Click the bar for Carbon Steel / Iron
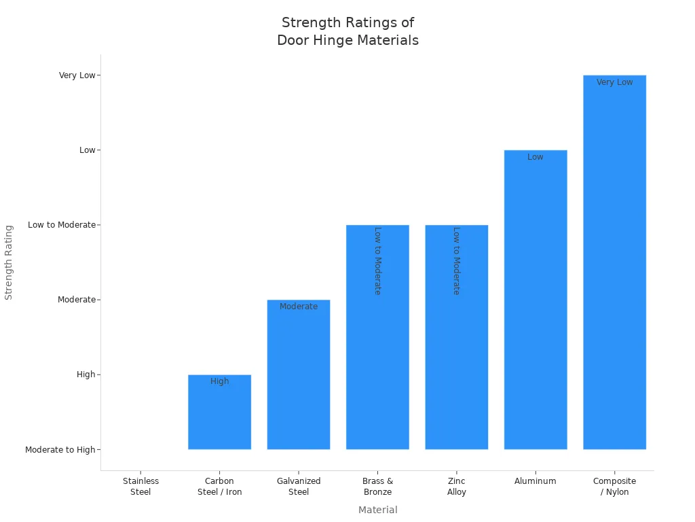[x=219, y=415]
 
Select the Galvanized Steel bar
[x=299, y=381]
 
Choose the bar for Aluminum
[x=536, y=306]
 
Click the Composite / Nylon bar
[x=614, y=272]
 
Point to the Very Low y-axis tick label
[x=77, y=75]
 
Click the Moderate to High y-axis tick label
[x=60, y=450]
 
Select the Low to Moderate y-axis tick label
[x=62, y=225]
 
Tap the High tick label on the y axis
[x=86, y=375]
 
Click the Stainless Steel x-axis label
[x=140, y=487]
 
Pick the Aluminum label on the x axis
[x=536, y=481]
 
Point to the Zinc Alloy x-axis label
[x=457, y=487]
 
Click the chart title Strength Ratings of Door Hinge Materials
[x=347, y=31]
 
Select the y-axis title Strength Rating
[x=9, y=262]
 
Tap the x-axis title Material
[x=377, y=510]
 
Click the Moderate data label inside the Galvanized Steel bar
[x=299, y=307]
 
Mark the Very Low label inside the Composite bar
[x=614, y=82]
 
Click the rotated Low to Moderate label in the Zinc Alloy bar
[x=456, y=260]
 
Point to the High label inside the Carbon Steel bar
[x=219, y=381]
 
